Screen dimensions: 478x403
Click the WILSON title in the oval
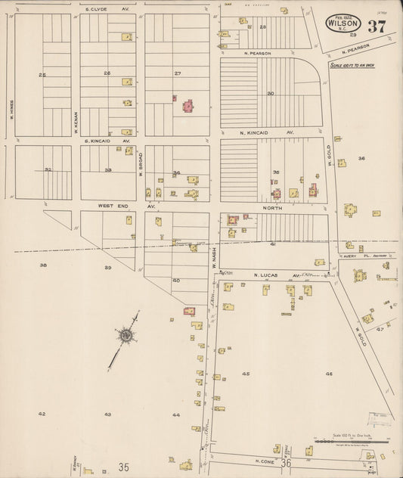click(343, 24)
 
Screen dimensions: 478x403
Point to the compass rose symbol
click(126, 334)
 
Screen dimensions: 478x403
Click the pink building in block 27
click(187, 105)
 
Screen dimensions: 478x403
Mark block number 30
click(270, 94)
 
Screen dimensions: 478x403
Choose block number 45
click(246, 374)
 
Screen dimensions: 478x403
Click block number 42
click(42, 414)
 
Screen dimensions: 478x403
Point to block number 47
click(380, 329)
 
